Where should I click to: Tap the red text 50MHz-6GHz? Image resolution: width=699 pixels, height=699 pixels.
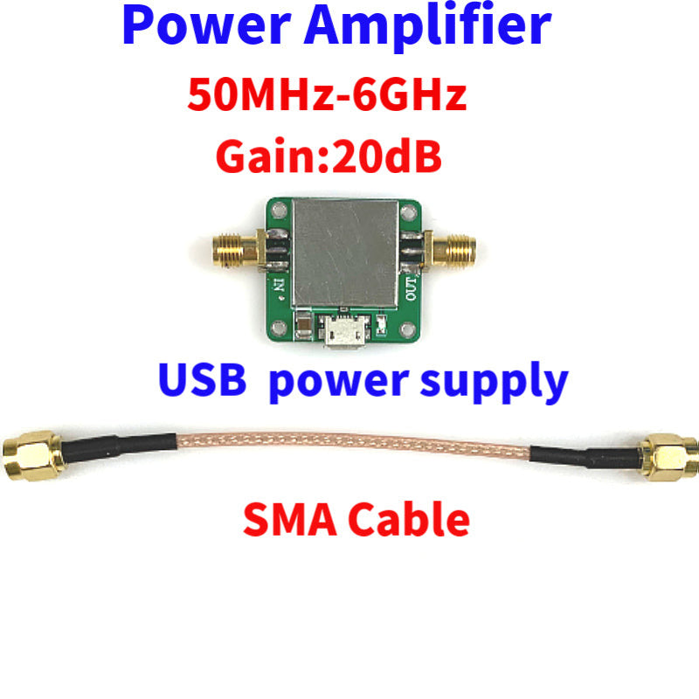327,94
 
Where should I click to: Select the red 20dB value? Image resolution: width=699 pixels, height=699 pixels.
387,156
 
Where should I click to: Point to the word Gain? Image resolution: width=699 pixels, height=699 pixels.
269,156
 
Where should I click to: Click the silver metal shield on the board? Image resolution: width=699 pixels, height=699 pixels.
345,253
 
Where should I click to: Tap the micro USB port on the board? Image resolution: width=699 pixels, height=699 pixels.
344,330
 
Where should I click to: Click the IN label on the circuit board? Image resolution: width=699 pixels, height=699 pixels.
279,286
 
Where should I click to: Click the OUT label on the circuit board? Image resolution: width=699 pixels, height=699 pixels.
411,288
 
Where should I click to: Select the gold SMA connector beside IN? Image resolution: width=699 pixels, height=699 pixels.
236,250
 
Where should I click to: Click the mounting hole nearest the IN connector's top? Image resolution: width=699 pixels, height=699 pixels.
280,210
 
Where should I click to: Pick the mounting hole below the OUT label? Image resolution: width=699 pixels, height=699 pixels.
408,330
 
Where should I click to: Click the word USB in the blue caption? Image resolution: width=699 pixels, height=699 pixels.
203,380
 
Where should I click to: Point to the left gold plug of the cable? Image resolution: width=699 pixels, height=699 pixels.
32,455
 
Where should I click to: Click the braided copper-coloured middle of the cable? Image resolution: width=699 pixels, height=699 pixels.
353,445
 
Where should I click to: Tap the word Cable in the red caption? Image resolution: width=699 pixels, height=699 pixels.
408,519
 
